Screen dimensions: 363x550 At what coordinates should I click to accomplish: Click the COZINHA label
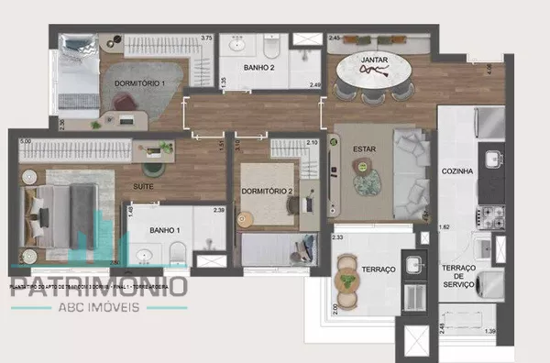tap(456, 171)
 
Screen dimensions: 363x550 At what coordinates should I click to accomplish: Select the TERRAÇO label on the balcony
tap(378, 270)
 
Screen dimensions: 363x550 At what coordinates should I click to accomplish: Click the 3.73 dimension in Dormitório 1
tap(207, 38)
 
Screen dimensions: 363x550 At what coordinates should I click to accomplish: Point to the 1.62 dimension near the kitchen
tap(445, 225)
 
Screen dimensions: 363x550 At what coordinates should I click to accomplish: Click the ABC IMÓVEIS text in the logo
tap(99, 307)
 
